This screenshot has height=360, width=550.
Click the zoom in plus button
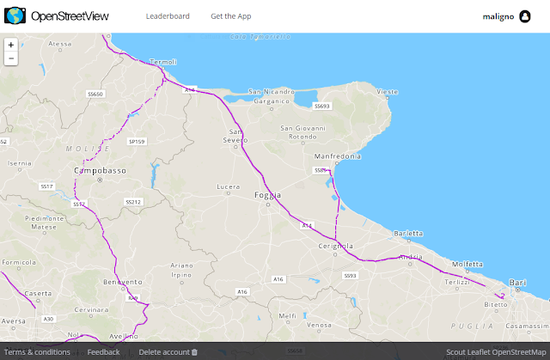tap(10, 45)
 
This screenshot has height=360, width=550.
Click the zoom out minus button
tap(10, 58)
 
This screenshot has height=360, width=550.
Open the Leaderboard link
tap(168, 16)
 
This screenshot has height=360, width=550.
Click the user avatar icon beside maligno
tap(524, 16)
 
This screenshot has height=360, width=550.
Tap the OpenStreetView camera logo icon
tap(15, 15)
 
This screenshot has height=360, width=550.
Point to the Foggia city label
tap(268, 196)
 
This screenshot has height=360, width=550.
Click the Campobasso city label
tap(100, 170)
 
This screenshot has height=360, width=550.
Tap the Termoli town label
tap(162, 62)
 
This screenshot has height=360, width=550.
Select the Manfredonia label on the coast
tap(335, 156)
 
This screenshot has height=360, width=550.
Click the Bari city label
tap(517, 282)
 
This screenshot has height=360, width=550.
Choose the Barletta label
tap(408, 233)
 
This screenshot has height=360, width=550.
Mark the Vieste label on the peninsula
tap(388, 91)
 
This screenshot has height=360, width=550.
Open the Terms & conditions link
tap(37, 352)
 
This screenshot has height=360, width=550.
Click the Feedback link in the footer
tap(104, 352)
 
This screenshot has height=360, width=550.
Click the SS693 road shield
tap(321, 106)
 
